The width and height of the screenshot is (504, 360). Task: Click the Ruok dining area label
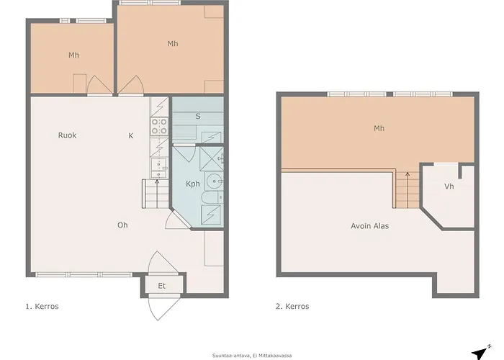click(x=68, y=135)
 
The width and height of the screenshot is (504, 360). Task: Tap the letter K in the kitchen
click(x=130, y=135)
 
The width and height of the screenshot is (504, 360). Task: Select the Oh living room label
click(x=122, y=225)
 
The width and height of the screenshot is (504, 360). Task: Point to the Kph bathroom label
click(x=193, y=184)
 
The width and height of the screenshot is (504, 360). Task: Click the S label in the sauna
click(x=198, y=116)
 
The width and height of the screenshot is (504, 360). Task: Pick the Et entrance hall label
click(x=162, y=286)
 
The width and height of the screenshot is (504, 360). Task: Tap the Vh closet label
click(x=449, y=186)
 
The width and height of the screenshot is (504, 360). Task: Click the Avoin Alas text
click(x=369, y=226)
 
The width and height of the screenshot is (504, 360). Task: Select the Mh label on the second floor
click(x=379, y=129)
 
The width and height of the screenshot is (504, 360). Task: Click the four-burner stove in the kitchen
click(x=159, y=127)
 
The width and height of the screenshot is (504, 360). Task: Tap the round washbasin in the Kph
click(x=213, y=179)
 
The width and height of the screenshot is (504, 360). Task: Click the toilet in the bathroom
click(x=209, y=198)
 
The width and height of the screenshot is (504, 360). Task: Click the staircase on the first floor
click(x=154, y=194)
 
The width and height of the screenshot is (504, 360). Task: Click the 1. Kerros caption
click(x=42, y=306)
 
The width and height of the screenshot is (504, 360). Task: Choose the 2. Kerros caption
click(x=292, y=306)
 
